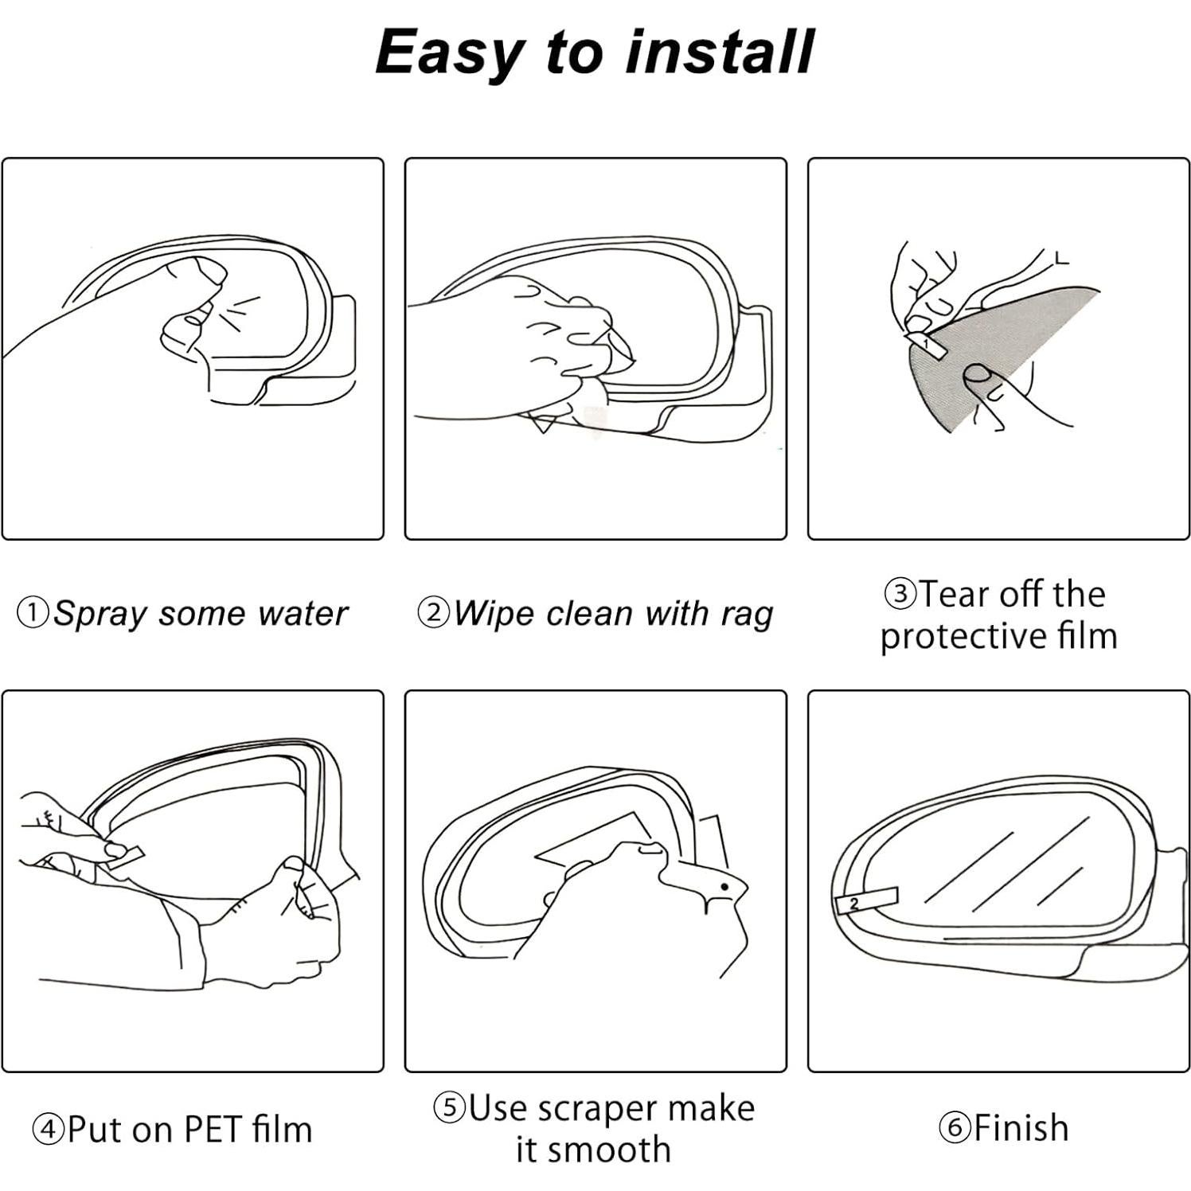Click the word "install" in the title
tap(719, 53)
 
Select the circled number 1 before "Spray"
tap(33, 613)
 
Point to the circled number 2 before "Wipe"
tap(433, 613)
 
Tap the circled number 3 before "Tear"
tap(900, 594)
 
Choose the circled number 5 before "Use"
tap(450, 1107)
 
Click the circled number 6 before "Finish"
tap(955, 1128)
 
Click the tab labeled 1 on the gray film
tap(925, 343)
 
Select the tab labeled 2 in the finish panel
tap(866, 900)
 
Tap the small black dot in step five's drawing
tap(724, 886)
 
